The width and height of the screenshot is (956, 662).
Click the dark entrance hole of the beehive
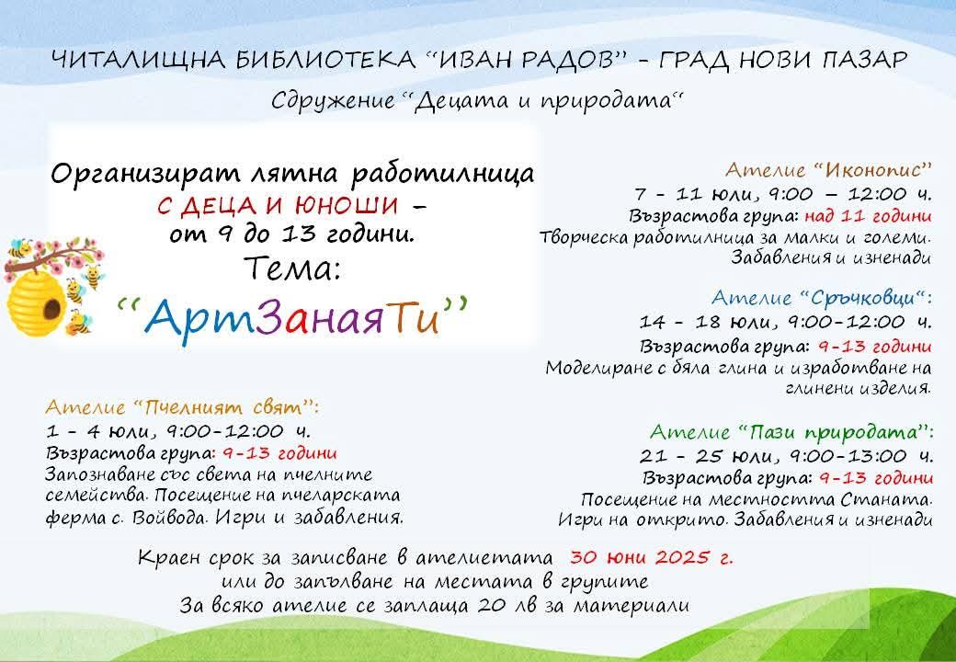pyautogui.click(x=51, y=308)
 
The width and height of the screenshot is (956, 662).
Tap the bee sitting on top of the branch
pyautogui.click(x=21, y=247)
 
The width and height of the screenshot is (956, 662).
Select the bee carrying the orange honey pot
pyautogui.click(x=78, y=323)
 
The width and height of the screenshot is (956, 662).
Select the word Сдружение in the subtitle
pyautogui.click(x=333, y=100)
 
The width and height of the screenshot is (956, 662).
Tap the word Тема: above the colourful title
pyautogui.click(x=292, y=268)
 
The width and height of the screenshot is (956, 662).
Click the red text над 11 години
pyautogui.click(x=868, y=216)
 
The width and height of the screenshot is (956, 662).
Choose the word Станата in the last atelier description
pyautogui.click(x=885, y=500)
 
